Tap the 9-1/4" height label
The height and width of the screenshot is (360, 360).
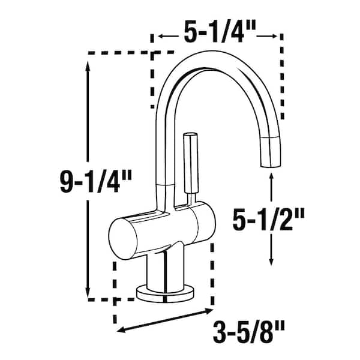pos(92,181)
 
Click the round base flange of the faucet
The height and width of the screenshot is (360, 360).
pos(166,293)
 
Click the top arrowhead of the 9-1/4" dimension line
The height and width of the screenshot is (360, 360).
pos(90,67)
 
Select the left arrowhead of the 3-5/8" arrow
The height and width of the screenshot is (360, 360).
pos(119,329)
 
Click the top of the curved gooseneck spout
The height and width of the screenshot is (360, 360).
pos(210,57)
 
